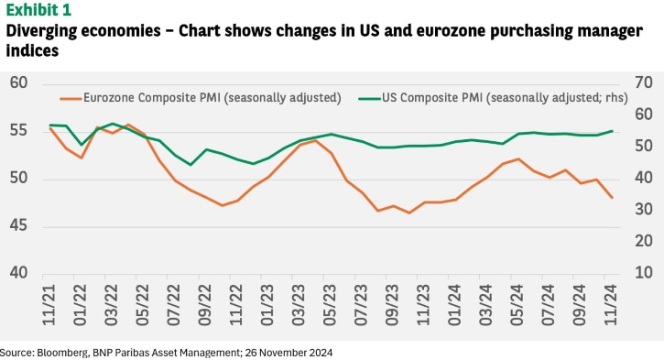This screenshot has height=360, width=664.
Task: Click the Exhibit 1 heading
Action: coord(38,9)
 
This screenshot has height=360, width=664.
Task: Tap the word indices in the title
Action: coord(32,50)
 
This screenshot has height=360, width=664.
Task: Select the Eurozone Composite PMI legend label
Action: coord(212,98)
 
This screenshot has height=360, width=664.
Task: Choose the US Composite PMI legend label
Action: coord(505,98)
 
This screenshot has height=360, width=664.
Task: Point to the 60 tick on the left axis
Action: coord(18,82)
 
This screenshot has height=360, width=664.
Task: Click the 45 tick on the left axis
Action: coord(18,225)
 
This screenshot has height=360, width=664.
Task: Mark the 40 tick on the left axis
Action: coord(18,273)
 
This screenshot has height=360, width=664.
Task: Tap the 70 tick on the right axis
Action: coord(643,82)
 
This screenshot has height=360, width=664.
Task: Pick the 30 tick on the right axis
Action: coord(643,209)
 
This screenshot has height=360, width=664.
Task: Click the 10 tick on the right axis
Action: coord(643,273)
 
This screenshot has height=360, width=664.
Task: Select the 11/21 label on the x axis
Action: coord(49,305)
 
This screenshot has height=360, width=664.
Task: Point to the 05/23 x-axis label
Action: coord(330,305)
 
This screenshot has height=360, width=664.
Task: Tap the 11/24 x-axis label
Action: coord(611,305)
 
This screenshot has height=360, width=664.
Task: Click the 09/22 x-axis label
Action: coord(205,305)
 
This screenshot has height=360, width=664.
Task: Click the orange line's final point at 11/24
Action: coord(612,197)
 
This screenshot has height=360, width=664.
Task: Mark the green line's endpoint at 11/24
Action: coord(612,131)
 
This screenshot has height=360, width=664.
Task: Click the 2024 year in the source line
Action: coord(321,353)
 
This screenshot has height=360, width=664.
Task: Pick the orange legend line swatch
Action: coord(71,99)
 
